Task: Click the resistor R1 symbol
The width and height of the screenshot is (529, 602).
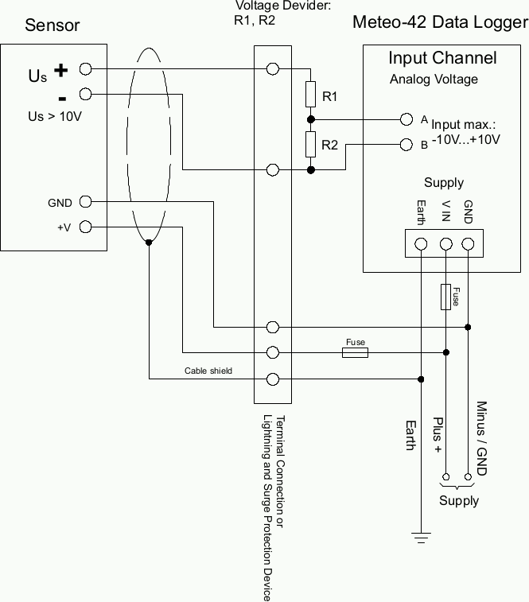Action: [x=311, y=96]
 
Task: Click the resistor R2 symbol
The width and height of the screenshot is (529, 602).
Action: [x=311, y=145]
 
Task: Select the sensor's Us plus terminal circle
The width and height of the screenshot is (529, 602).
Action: [x=86, y=70]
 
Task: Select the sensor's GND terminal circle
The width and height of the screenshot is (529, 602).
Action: [x=86, y=202]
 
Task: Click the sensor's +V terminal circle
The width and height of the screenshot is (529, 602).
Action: [x=86, y=227]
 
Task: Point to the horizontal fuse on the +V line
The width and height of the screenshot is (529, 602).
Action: [x=355, y=351]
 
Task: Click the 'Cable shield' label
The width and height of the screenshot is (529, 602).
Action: [x=208, y=371]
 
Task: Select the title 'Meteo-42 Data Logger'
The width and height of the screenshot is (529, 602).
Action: [x=439, y=21]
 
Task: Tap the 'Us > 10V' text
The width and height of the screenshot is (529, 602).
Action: [x=55, y=116]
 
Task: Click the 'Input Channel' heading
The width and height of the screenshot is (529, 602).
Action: [x=442, y=58]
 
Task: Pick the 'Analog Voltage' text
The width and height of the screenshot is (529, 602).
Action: [x=434, y=79]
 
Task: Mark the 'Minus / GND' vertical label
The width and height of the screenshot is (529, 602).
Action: [x=481, y=437]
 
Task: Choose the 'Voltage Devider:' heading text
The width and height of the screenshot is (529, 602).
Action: [x=272, y=6]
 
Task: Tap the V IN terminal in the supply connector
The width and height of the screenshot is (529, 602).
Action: [x=446, y=243]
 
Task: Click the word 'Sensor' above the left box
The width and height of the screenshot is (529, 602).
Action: [x=53, y=25]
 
